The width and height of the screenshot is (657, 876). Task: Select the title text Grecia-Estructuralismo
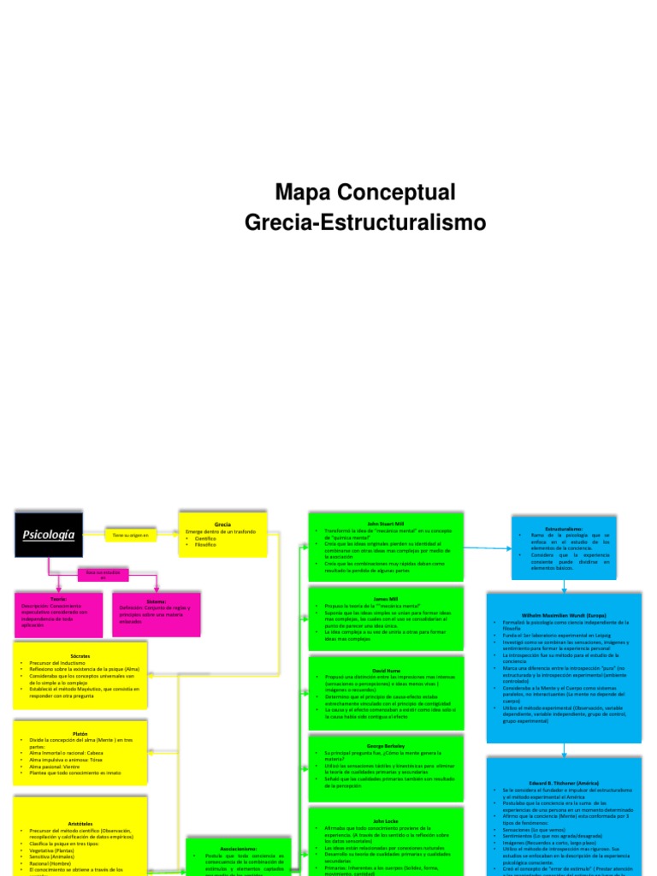(365, 223)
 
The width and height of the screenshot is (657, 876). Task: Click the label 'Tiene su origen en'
(130, 536)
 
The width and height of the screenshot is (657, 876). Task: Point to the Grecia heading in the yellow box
(222, 523)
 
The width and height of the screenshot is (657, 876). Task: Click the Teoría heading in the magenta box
(58, 600)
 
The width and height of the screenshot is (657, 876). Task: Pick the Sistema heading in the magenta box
(156, 601)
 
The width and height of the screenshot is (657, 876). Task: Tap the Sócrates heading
(80, 656)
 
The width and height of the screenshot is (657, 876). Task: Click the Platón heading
(80, 732)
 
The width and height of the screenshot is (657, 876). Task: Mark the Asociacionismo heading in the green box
(233, 849)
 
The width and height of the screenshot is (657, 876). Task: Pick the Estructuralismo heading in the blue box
(564, 528)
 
